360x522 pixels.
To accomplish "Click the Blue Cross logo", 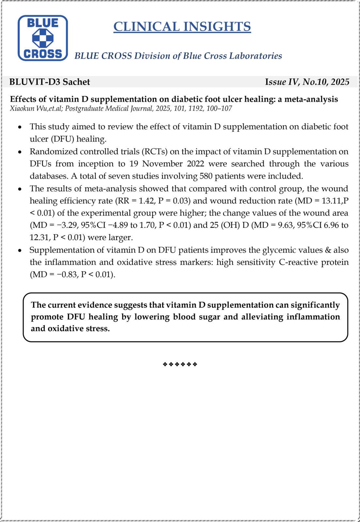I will tap(43, 38).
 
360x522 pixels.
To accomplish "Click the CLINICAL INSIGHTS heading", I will tap(182, 27).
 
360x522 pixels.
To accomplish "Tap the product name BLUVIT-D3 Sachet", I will tap(50, 82).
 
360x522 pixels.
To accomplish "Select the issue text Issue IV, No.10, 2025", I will tap(307, 82).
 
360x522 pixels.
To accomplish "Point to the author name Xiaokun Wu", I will tap(26, 109).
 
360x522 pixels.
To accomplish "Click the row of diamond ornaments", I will tap(180, 364).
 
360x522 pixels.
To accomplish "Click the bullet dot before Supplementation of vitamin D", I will tap(20, 251).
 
